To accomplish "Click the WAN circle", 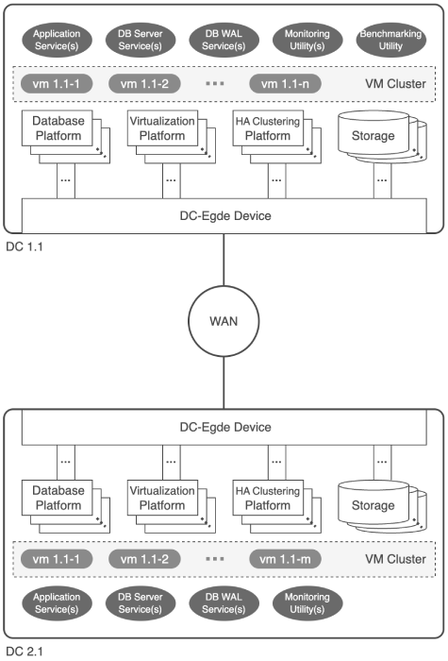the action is click(224, 321).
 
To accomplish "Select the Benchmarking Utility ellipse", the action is click(390, 40).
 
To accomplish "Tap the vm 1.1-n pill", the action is click(285, 83).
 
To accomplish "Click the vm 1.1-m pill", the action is click(285, 559).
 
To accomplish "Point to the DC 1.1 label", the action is click(25, 246).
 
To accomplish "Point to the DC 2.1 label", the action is click(25, 652).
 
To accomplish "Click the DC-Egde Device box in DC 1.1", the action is click(224, 215).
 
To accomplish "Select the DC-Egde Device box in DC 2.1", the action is click(224, 427).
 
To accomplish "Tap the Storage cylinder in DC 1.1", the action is click(373, 136).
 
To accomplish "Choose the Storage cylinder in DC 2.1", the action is click(373, 505).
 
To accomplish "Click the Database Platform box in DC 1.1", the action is click(58, 128).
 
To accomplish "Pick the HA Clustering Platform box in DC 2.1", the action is click(268, 498).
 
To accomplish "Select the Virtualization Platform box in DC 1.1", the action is click(162, 128).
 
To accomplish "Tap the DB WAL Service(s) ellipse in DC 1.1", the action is click(224, 40).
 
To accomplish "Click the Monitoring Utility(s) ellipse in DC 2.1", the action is click(307, 603).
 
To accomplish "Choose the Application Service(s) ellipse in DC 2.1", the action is click(57, 603).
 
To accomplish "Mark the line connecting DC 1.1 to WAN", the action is click(224, 260).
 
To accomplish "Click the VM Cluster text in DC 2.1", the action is click(395, 559).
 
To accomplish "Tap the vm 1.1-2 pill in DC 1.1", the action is click(144, 83).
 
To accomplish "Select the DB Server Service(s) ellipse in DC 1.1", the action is click(141, 40).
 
